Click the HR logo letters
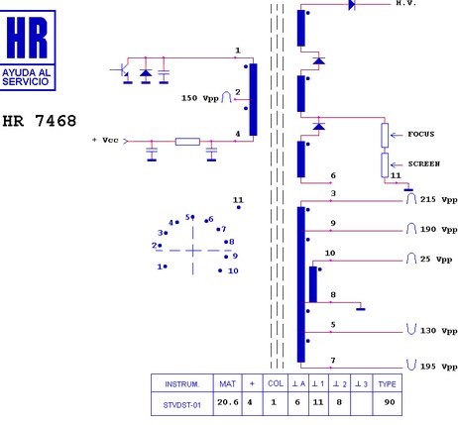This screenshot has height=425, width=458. (x=27, y=38)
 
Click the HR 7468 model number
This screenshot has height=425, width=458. (x=40, y=121)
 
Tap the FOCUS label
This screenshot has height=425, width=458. (x=421, y=134)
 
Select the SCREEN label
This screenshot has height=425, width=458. (x=424, y=163)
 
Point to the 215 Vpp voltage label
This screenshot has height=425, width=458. (x=438, y=200)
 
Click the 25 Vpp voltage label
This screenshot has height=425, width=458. (x=436, y=260)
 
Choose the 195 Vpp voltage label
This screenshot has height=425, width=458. (x=438, y=367)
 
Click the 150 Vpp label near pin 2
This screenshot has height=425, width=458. (x=200, y=98)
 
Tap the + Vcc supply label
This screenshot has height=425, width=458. (x=105, y=141)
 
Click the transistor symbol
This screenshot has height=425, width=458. (x=123, y=70)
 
